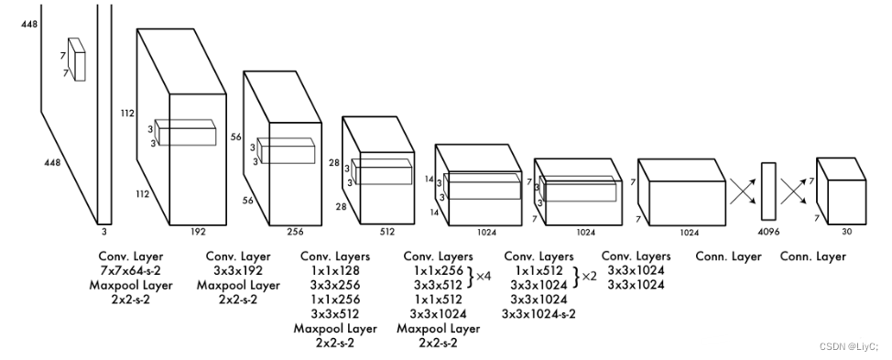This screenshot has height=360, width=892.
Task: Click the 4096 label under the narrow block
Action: [x=768, y=232]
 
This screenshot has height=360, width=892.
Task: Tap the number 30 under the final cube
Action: [x=847, y=232]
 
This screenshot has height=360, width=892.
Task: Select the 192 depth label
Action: [x=198, y=232]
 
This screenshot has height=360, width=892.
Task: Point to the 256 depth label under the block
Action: [x=295, y=232]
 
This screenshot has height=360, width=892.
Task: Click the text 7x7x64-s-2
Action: [x=130, y=270]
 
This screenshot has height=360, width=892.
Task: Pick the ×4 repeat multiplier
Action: [x=484, y=277]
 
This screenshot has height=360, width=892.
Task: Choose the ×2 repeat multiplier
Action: [x=590, y=277]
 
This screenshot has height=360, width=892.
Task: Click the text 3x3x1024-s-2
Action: [x=538, y=313]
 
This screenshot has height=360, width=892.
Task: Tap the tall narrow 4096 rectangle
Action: [x=768, y=191]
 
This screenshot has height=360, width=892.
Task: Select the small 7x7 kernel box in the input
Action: [x=76, y=60]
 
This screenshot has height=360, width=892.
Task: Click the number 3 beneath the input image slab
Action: [x=104, y=232]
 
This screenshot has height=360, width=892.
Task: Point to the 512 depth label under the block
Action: [x=387, y=232]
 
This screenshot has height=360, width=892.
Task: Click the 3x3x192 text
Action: [x=238, y=270]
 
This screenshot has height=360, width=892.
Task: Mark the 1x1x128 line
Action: [x=335, y=270]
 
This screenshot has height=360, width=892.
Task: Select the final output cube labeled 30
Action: [x=842, y=191]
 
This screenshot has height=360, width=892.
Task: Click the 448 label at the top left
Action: [x=29, y=24]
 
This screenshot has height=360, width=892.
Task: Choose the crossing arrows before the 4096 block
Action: [x=744, y=191]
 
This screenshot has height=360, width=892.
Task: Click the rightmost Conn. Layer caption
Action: [x=813, y=256]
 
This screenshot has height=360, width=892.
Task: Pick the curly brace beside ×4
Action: [x=470, y=277]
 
